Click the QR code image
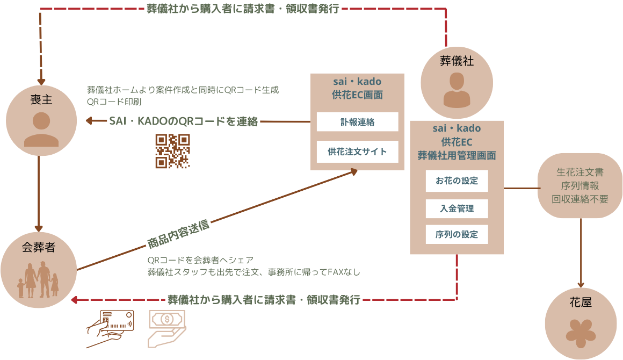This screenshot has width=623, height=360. [172, 151]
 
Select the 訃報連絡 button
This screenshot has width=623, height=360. [357, 122]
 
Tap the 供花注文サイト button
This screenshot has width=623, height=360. [357, 152]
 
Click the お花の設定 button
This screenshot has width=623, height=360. [457, 181]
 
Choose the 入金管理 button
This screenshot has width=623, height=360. [457, 208]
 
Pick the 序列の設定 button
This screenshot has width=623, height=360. [457, 235]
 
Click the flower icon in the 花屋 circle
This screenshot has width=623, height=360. [581, 331]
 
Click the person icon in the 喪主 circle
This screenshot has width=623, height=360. [41, 130]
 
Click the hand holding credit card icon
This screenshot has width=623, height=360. [110, 328]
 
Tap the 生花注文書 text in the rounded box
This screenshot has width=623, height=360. [580, 173]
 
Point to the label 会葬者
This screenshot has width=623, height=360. [39, 248]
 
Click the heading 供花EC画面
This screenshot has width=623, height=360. [357, 95]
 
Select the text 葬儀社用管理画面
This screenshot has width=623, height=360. [457, 156]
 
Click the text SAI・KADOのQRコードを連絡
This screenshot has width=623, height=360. [183, 121]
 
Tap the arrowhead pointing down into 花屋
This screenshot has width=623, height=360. [581, 284]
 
